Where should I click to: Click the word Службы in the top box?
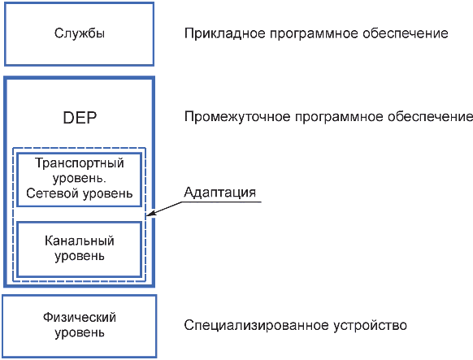coord(80,33)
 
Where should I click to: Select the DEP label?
coord(80,118)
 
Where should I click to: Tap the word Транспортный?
coord(80,163)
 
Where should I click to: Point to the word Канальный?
coord(80,241)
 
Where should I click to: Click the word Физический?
coord(80,317)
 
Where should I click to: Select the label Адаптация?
coord(220,192)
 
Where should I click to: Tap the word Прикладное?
coord(225,33)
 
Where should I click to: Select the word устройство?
coord(370,326)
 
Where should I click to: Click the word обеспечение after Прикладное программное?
coord(406,33)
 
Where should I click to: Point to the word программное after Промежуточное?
coord(339,117)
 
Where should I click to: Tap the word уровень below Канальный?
coord(80,256)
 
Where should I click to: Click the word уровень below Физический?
coord(80,333)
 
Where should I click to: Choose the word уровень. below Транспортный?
coord(80,179)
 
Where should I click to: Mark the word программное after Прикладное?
coord(314,34)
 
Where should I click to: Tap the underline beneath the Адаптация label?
coord(222,202)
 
